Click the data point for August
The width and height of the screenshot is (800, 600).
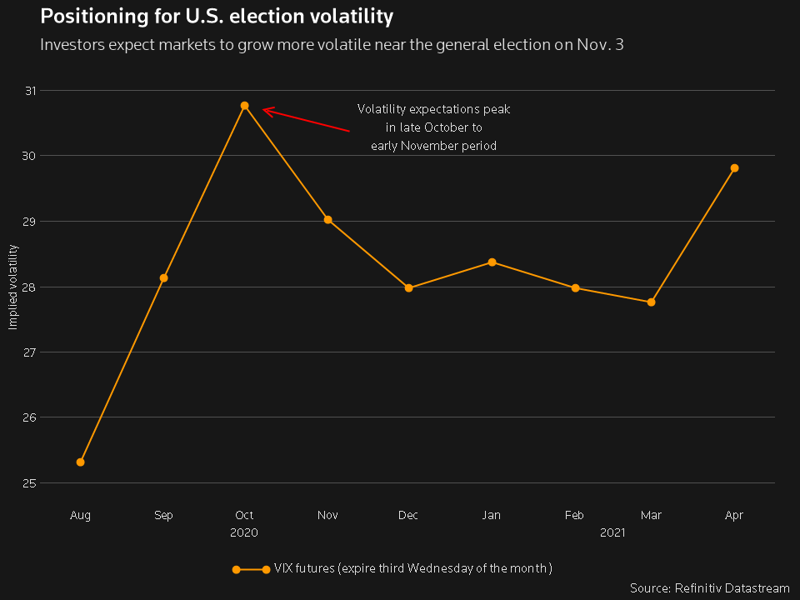(80, 462)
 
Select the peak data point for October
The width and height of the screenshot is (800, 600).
(244, 106)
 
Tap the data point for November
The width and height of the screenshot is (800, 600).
(327, 220)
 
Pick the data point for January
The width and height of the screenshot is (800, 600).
(492, 262)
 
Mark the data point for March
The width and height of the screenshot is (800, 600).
(651, 302)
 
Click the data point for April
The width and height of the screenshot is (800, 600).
(734, 168)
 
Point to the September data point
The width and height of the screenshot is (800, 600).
(163, 277)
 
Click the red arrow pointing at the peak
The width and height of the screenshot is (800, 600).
(305, 119)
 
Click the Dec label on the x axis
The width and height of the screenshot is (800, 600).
(408, 516)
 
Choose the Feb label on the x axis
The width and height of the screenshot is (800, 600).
(574, 516)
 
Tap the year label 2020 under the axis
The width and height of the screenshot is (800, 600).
(244, 532)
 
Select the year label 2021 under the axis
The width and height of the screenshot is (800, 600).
(612, 532)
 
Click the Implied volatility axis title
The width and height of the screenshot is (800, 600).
(12, 287)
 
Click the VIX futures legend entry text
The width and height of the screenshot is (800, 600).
(412, 569)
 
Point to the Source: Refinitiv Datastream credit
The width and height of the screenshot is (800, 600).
(709, 588)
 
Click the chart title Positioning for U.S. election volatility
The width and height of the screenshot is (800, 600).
(217, 17)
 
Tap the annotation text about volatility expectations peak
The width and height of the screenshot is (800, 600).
(433, 127)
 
